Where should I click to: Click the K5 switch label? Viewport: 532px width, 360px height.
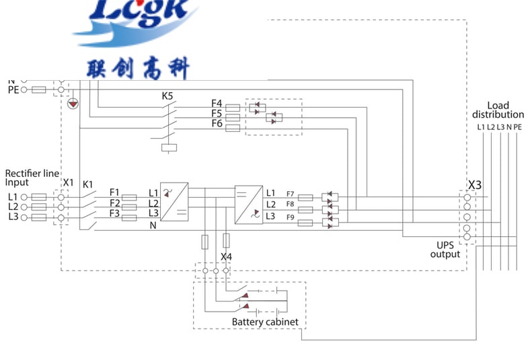(x=168, y=96)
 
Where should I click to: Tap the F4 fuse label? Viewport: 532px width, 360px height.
(x=217, y=104)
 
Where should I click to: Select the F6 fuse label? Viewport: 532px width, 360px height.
(x=217, y=124)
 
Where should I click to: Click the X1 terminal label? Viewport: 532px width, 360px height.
(x=68, y=183)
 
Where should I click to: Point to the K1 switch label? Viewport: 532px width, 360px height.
(x=87, y=184)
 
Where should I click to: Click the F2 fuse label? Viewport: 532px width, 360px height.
(x=115, y=203)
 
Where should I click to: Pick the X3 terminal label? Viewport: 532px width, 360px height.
(x=475, y=184)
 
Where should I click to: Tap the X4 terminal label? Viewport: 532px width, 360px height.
(x=227, y=257)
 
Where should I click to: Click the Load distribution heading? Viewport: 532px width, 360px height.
(x=498, y=110)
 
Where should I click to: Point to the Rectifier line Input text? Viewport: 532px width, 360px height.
(x=32, y=177)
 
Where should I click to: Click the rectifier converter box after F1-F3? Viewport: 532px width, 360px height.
(x=174, y=201)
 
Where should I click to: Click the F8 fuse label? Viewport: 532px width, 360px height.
(x=290, y=204)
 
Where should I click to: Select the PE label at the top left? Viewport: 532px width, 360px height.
(x=13, y=89)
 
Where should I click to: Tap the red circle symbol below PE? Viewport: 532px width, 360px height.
(x=73, y=104)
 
